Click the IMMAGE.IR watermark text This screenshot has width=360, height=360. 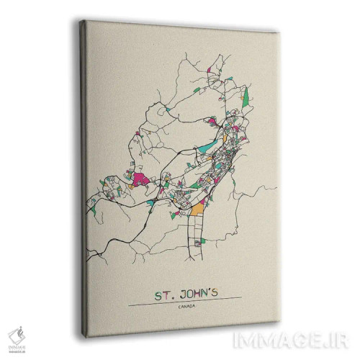coord(319,336)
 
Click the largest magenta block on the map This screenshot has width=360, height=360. coord(141,178)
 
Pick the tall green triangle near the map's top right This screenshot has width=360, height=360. coord(246,94)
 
